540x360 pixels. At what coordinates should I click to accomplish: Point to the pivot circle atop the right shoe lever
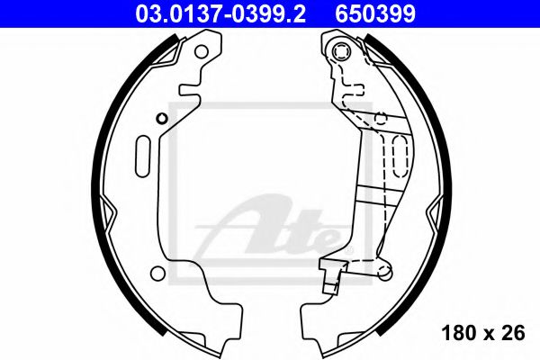point(343,52)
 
